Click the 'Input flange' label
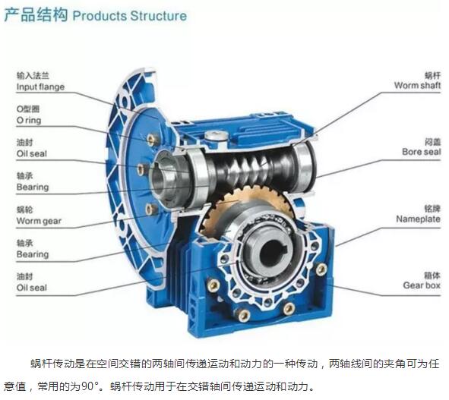pyautogui.click(x=40, y=87)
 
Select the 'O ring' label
pyautogui.click(x=29, y=120)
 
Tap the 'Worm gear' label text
pyautogui.click(x=39, y=221)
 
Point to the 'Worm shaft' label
pyautogui.click(x=417, y=85)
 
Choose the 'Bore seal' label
pyautogui.click(x=421, y=152)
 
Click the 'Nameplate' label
pyautogui.click(x=418, y=219)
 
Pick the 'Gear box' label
pyautogui.click(x=422, y=285)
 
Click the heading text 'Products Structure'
pyautogui.click(x=130, y=16)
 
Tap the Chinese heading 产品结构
pyautogui.click(x=36, y=15)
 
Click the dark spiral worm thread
pyautogui.click(x=248, y=169)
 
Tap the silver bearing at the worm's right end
pyautogui.click(x=304, y=164)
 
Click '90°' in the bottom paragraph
pyautogui.click(x=90, y=386)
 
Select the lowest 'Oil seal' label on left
pyautogui.click(x=31, y=288)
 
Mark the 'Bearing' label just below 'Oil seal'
pyautogui.click(x=33, y=187)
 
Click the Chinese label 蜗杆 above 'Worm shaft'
pyautogui.click(x=432, y=76)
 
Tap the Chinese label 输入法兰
pyautogui.click(x=33, y=76)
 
